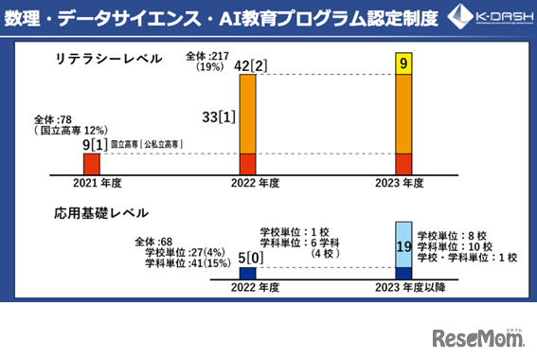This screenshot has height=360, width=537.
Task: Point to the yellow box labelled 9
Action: click(x=403, y=64)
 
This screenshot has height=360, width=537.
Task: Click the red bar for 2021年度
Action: click(x=92, y=163)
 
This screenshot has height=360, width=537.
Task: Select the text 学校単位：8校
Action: click(x=451, y=234)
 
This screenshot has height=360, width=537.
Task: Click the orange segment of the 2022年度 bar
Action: click(x=247, y=114)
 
